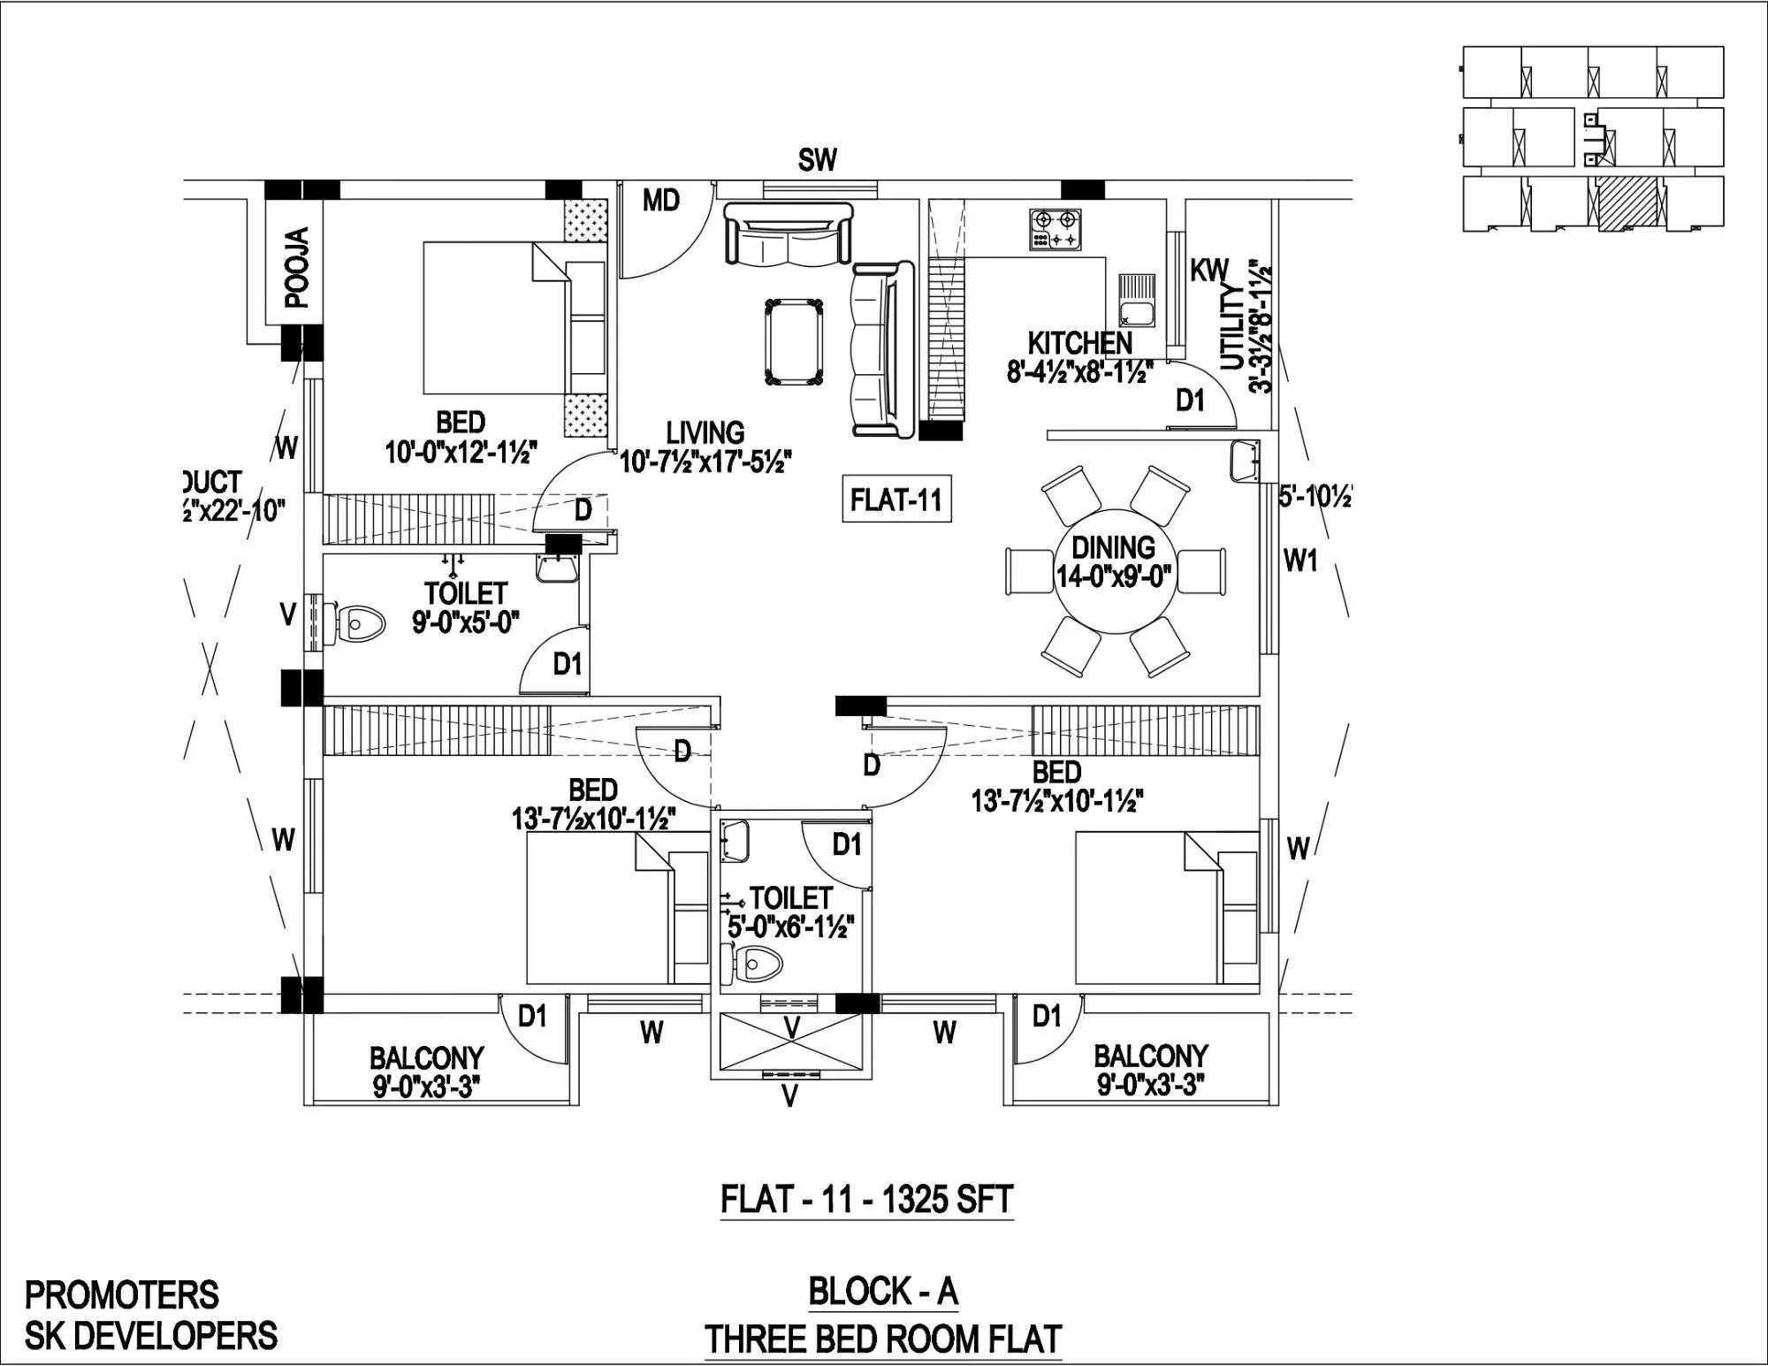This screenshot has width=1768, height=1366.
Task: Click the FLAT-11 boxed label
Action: tap(895, 500)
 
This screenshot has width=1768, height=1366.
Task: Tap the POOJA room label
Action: tap(298, 267)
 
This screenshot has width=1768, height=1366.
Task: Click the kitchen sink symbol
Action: tap(1136, 298)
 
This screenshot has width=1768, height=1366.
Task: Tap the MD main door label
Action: tap(660, 202)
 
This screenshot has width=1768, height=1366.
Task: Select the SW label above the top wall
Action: tap(817, 161)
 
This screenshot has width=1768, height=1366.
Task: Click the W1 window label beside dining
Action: tap(1299, 561)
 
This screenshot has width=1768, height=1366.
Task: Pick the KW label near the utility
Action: tap(1208, 271)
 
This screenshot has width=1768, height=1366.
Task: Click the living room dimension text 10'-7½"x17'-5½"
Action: tap(705, 462)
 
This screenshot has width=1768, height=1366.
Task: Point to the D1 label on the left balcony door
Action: tap(532, 1017)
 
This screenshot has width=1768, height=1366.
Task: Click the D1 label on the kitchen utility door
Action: tap(1190, 401)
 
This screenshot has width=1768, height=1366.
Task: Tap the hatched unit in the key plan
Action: tap(1626, 203)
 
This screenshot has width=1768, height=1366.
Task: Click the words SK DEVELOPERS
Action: tap(150, 1336)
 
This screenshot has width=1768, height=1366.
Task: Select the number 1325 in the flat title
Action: tap(904, 1200)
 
